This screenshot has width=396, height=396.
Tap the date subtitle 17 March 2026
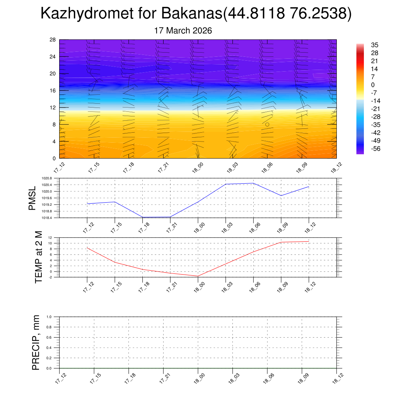pyautogui.click(x=183, y=31)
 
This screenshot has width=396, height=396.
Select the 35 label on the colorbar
pyautogui.click(x=374, y=45)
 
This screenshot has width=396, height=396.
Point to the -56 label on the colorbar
pyautogui.click(x=376, y=149)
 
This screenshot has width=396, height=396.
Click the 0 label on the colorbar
pyautogui.click(x=373, y=85)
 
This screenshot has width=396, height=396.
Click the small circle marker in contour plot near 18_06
pyautogui.click(x=267, y=124)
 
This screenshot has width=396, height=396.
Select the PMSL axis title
pyautogui.click(x=32, y=198)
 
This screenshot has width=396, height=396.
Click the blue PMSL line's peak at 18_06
pyautogui.click(x=253, y=183)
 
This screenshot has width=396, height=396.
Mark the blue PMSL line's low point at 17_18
pyautogui.click(x=143, y=217)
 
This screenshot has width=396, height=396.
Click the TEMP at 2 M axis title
pyautogui.click(x=38, y=257)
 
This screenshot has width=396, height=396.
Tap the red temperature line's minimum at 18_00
pyautogui.click(x=198, y=276)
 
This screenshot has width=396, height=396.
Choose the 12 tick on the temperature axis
pyautogui.click(x=50, y=237)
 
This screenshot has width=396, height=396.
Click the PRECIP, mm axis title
pyautogui.click(x=36, y=342)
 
